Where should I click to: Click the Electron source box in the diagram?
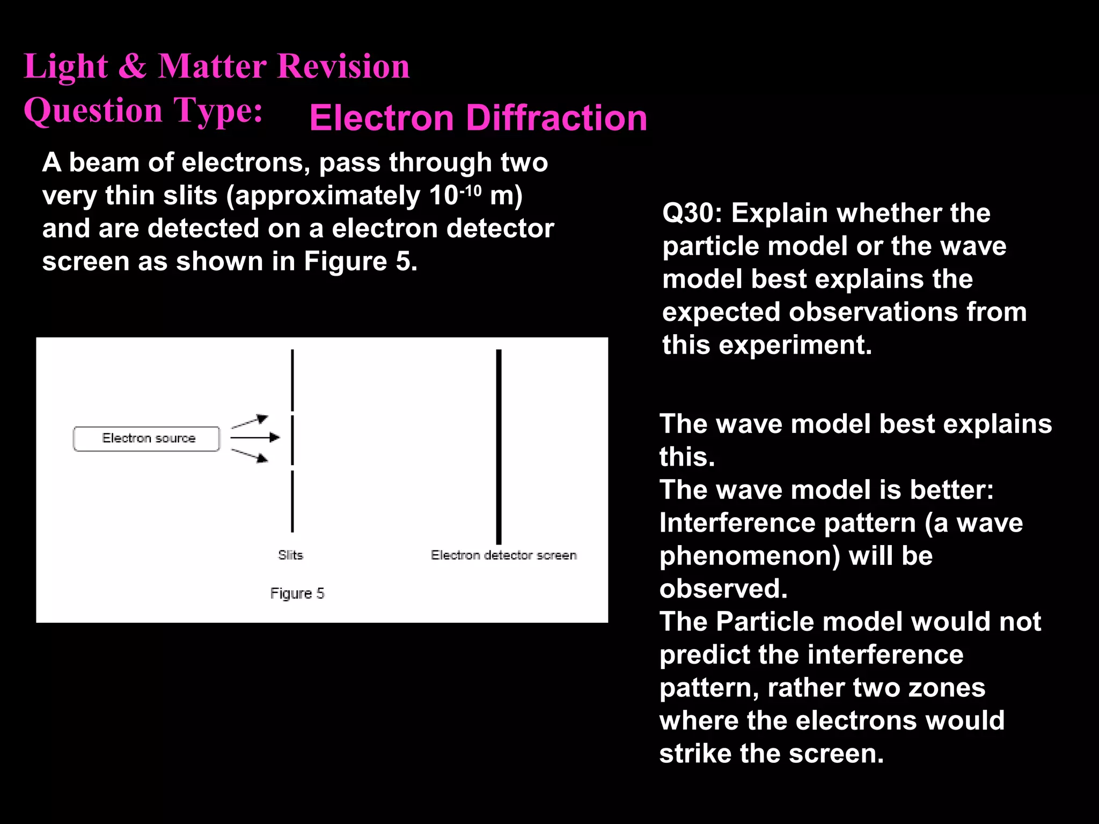coord(146,439)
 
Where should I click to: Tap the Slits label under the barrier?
coord(290,555)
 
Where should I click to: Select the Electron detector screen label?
coord(503,555)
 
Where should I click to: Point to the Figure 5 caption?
coord(297,593)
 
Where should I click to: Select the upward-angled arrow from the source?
coord(250,422)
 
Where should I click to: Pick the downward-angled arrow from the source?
coord(250,455)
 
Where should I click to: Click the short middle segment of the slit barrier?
coord(292,440)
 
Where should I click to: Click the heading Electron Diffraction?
coord(478,118)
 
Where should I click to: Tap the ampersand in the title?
coord(132,67)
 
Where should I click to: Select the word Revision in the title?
coord(343,67)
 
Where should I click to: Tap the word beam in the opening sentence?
coord(104,163)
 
